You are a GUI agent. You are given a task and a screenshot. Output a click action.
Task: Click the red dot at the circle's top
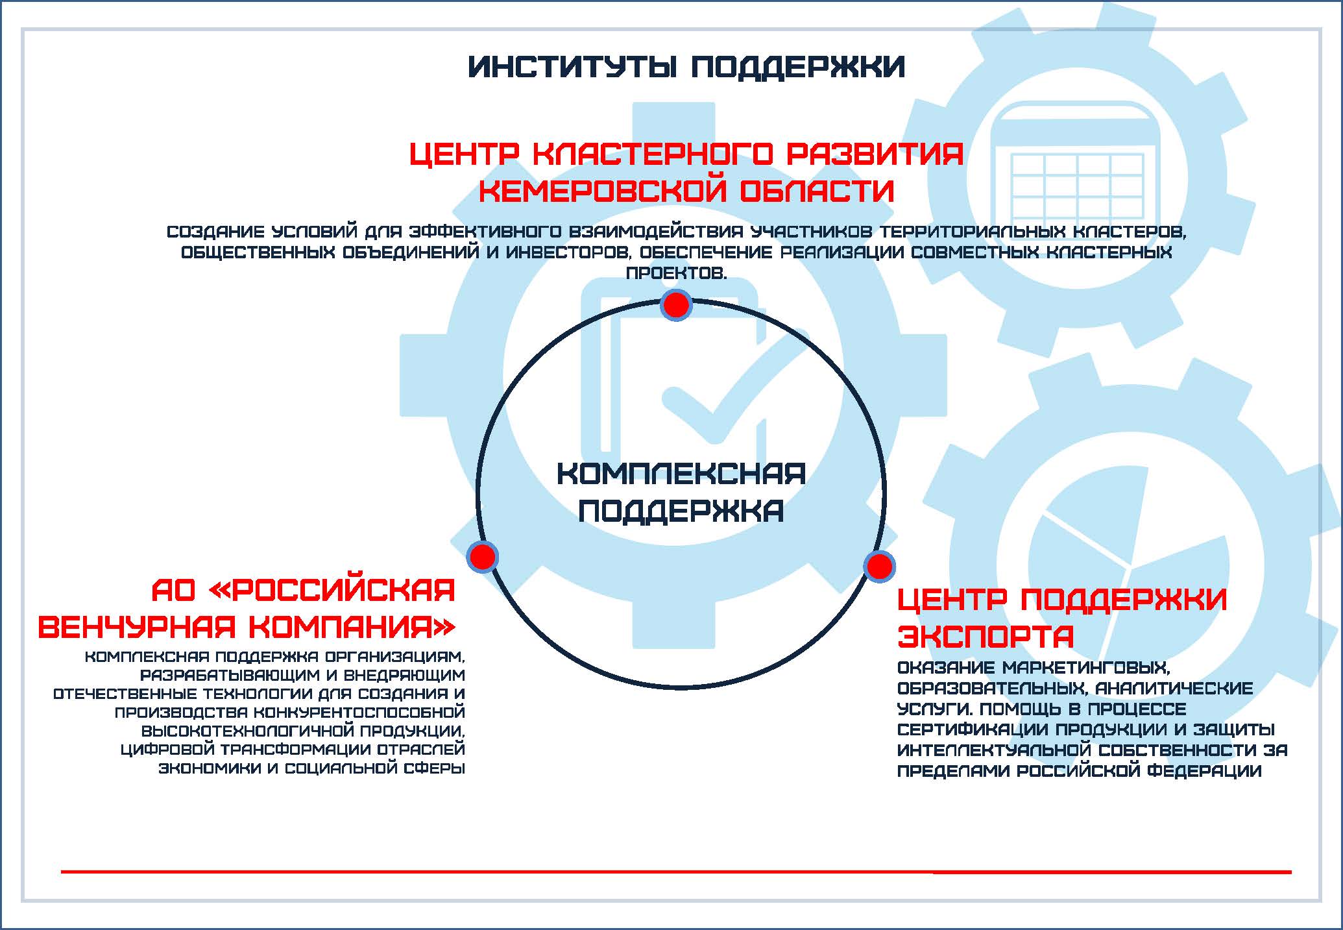click(x=676, y=305)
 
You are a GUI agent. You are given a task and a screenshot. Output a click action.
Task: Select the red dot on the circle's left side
click(x=482, y=557)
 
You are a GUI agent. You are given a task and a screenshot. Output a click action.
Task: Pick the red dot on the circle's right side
click(x=879, y=567)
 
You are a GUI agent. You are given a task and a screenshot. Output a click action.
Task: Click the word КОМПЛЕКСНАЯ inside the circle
click(x=681, y=474)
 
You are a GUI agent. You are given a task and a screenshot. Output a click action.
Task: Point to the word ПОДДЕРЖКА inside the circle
click(x=681, y=511)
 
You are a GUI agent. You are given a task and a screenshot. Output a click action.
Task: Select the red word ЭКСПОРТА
click(x=986, y=636)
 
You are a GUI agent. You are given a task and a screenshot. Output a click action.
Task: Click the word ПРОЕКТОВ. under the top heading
click(x=676, y=273)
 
